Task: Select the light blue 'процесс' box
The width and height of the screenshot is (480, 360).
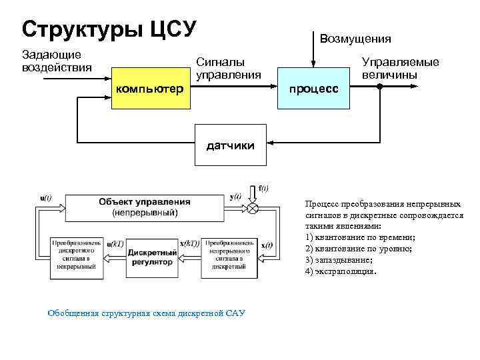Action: pyautogui.click(x=313, y=88)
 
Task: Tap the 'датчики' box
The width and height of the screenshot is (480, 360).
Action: pyautogui.click(x=230, y=143)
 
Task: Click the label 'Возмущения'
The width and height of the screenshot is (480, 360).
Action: pyautogui.click(x=356, y=39)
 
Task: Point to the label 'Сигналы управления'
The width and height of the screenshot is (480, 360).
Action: pyautogui.click(x=228, y=68)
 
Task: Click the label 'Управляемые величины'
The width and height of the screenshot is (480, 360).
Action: pyautogui.click(x=400, y=68)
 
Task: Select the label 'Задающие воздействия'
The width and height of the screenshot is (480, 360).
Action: pyautogui.click(x=51, y=61)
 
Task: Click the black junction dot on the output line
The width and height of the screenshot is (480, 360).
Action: pyautogui.click(x=379, y=87)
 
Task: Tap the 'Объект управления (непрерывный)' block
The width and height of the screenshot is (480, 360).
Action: pyautogui.click(x=144, y=207)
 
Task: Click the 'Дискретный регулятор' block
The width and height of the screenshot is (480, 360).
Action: pyautogui.click(x=152, y=257)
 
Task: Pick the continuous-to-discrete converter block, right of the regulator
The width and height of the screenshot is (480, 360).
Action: pyautogui.click(x=228, y=257)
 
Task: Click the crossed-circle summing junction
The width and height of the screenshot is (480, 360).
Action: pyautogui.click(x=253, y=208)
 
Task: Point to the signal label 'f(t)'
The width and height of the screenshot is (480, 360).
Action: pyautogui.click(x=263, y=188)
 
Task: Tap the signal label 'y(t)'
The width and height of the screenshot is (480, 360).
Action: pyautogui.click(x=235, y=197)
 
